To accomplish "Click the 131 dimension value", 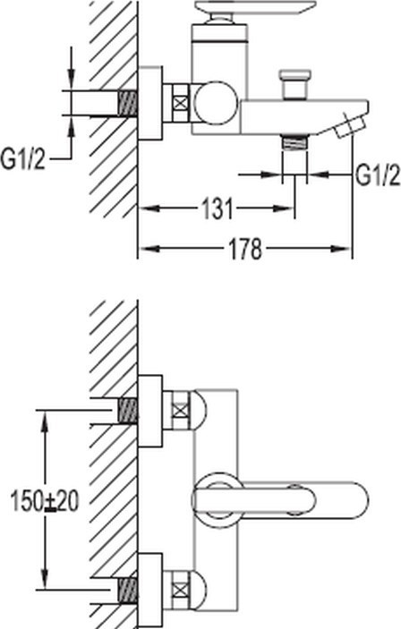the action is (218, 208).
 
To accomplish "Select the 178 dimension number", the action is (245, 249).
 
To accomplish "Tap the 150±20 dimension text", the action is (44, 501).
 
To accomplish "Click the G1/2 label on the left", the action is (23, 159).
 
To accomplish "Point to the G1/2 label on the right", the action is (378, 174).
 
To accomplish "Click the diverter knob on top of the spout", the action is (296, 84).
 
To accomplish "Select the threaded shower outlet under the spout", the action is (294, 143).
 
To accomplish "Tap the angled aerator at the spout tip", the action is (347, 124).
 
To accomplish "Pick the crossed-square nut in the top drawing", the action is (181, 102).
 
